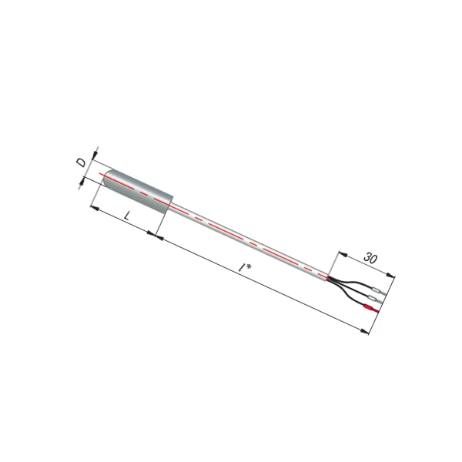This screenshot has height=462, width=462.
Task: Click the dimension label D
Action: [x=82, y=162]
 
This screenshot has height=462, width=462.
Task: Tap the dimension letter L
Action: [x=127, y=216]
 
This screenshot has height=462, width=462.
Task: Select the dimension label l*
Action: [x=245, y=267]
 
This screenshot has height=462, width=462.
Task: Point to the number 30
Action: [x=370, y=257]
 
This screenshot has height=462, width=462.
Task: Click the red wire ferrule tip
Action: [x=372, y=308]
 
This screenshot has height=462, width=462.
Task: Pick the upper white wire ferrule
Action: [x=379, y=290]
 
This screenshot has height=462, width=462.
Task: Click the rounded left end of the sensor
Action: [x=107, y=178]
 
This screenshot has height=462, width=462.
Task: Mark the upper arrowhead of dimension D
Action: [x=95, y=155]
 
